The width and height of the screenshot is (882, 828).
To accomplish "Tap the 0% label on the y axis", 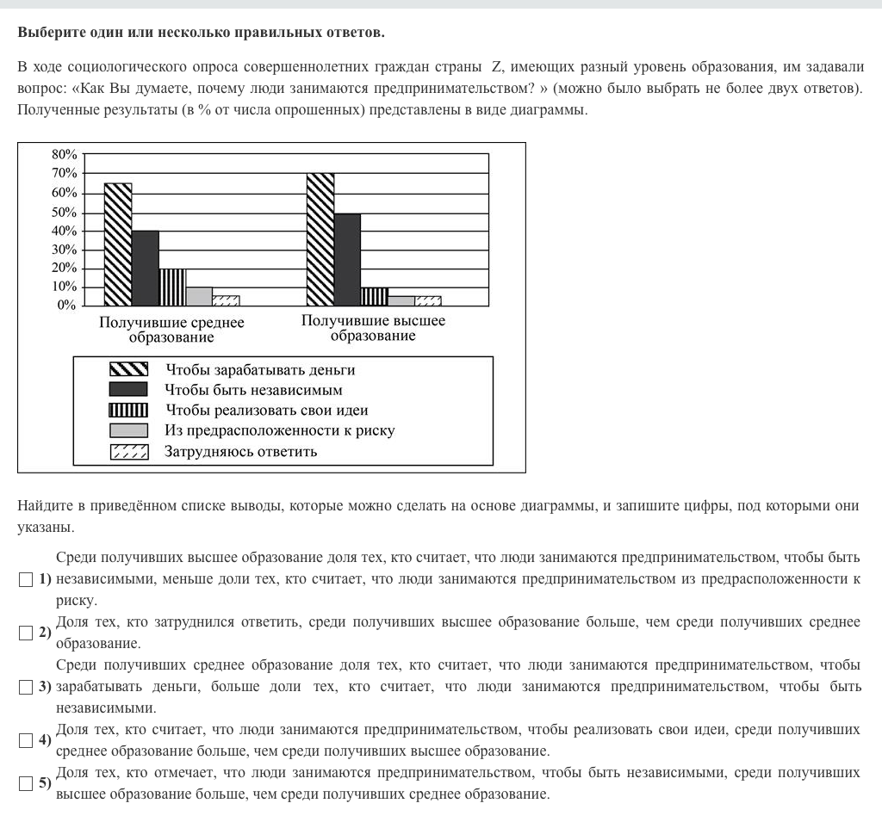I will [x=68, y=306].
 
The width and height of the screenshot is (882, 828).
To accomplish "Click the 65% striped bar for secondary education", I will [x=118, y=244].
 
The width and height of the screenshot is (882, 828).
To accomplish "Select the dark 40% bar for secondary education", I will [x=146, y=268].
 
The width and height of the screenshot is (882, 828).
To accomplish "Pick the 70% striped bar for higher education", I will [x=320, y=239].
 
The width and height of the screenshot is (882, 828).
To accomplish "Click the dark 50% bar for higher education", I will [x=347, y=259].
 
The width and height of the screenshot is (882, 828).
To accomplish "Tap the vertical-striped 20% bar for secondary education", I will [x=172, y=287].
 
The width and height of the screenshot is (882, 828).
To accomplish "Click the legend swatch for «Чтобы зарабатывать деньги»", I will [x=128, y=369].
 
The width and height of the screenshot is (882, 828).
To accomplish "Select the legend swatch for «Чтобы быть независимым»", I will [x=128, y=390].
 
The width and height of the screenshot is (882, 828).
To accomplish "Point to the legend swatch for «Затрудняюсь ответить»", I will [x=128, y=451].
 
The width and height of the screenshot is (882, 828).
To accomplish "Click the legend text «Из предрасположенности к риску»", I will [x=280, y=430].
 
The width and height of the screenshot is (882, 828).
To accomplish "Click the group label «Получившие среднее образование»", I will [x=171, y=330].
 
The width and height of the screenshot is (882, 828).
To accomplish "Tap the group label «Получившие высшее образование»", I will [x=373, y=328].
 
